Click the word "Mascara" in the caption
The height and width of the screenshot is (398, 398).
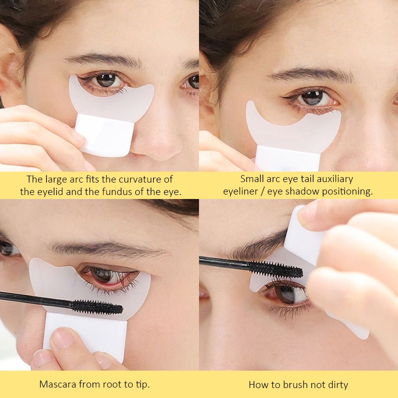(58, 384)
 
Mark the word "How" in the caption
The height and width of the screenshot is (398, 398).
(258, 384)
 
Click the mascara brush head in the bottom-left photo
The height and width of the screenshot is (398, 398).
(97, 305)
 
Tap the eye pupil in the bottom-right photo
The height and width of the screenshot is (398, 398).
(285, 295)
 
